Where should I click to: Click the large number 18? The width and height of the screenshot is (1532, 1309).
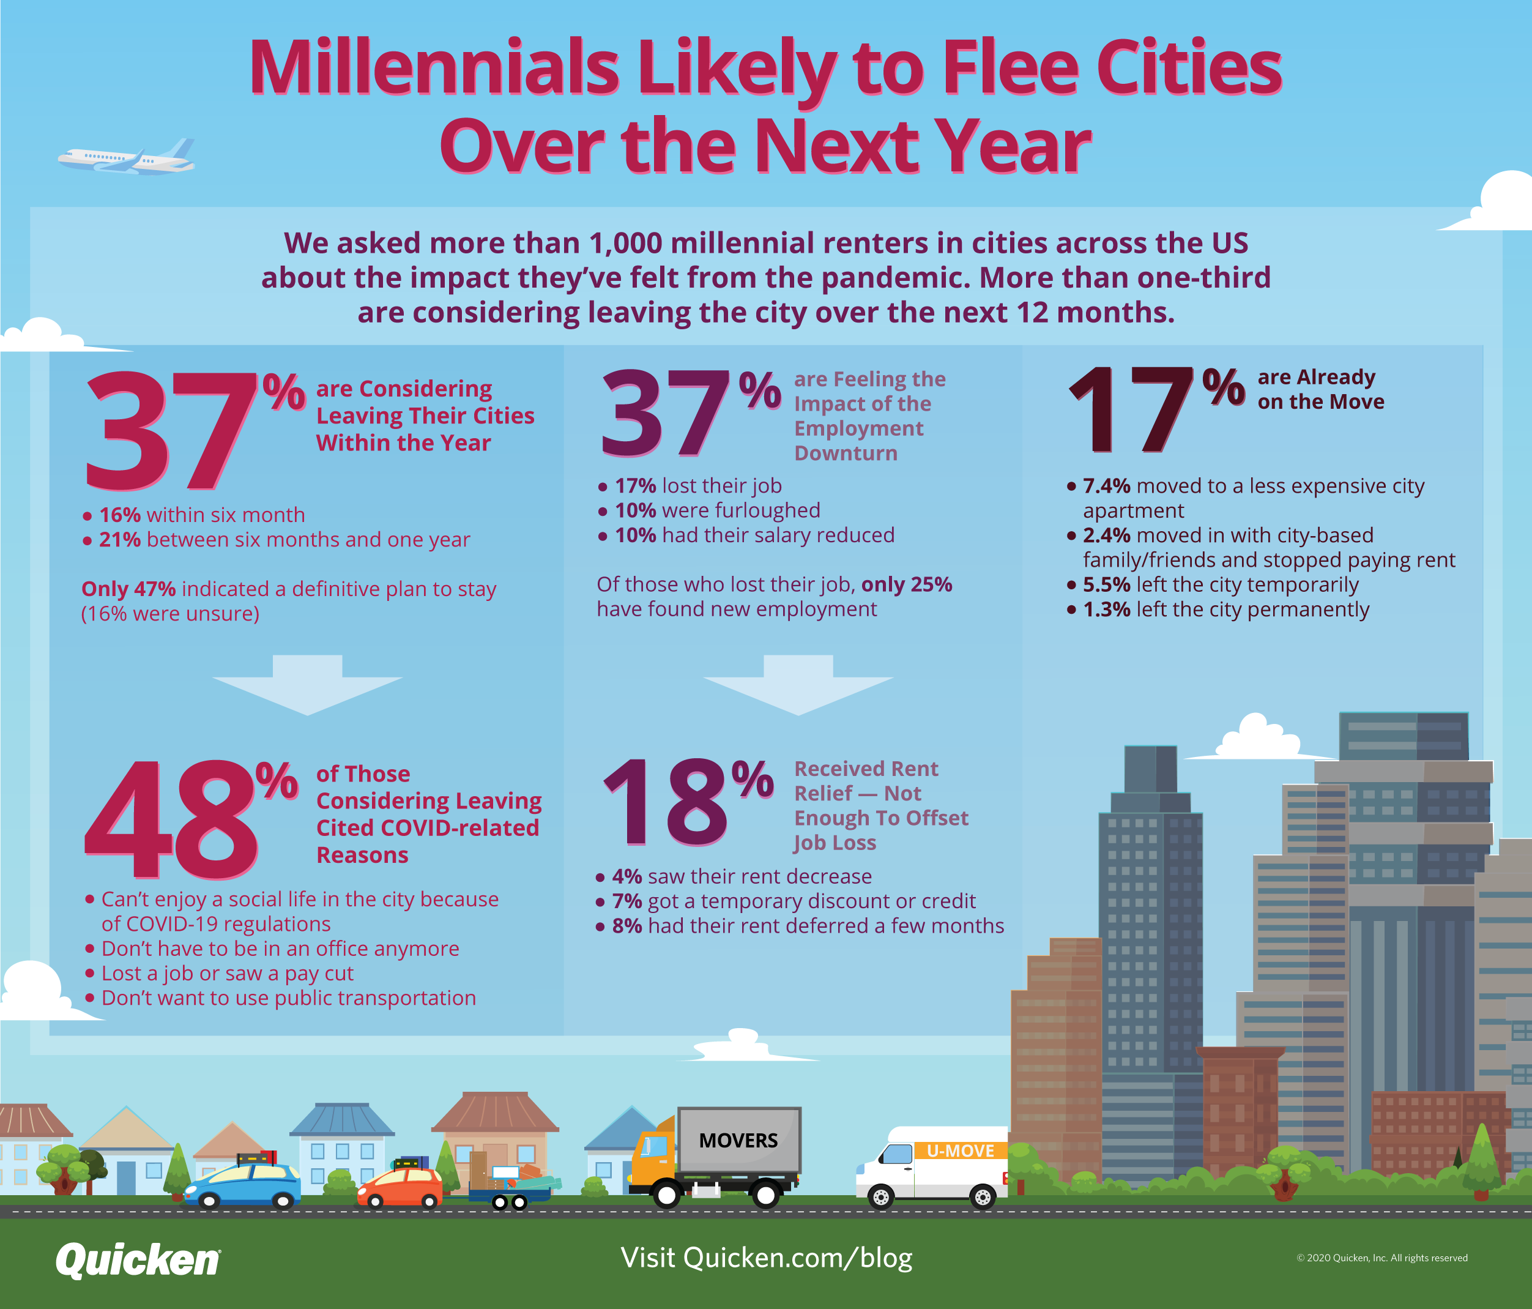point(666,804)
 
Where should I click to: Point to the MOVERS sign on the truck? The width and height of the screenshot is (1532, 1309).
point(738,1140)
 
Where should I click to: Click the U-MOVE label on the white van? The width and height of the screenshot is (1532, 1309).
point(960,1151)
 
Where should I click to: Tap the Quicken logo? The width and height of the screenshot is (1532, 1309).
point(138,1259)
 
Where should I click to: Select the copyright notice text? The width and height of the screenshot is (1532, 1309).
point(1381,1258)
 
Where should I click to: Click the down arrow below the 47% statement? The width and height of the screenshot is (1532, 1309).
point(307,684)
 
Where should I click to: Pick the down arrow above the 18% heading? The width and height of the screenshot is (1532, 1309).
point(798,684)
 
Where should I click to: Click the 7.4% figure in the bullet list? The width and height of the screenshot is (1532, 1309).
point(1106,486)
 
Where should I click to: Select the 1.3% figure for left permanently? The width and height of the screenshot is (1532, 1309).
point(1106,610)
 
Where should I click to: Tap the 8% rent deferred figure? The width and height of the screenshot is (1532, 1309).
point(627,926)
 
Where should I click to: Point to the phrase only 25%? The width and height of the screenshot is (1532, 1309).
point(907,584)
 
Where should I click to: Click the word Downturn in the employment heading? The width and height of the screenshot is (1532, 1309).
point(845,453)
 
